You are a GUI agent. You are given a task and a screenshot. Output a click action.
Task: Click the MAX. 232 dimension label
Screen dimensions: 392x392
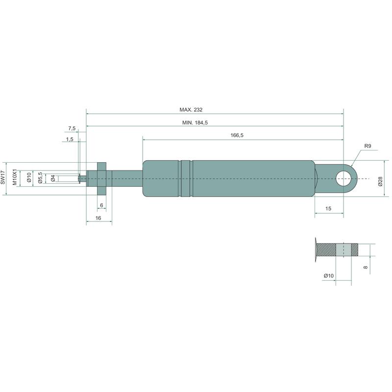(x=191, y=109)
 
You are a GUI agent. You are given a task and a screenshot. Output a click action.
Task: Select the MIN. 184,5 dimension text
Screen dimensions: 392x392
(x=195, y=122)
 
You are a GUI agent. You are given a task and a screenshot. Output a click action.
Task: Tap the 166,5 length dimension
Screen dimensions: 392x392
(x=237, y=135)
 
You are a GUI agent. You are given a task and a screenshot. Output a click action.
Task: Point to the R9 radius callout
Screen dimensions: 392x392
(x=367, y=146)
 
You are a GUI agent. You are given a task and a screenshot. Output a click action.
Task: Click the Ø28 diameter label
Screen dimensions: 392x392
(x=380, y=181)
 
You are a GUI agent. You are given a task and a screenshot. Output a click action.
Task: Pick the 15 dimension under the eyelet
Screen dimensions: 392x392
(x=328, y=209)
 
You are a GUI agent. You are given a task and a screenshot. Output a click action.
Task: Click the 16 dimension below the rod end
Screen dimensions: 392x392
(x=98, y=218)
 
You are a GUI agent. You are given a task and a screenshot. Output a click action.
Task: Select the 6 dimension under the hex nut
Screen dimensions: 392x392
(x=101, y=205)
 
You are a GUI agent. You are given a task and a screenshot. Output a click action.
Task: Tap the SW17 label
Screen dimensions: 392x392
(x=3, y=177)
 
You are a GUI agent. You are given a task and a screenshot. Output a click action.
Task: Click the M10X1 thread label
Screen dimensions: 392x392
(x=15, y=177)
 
